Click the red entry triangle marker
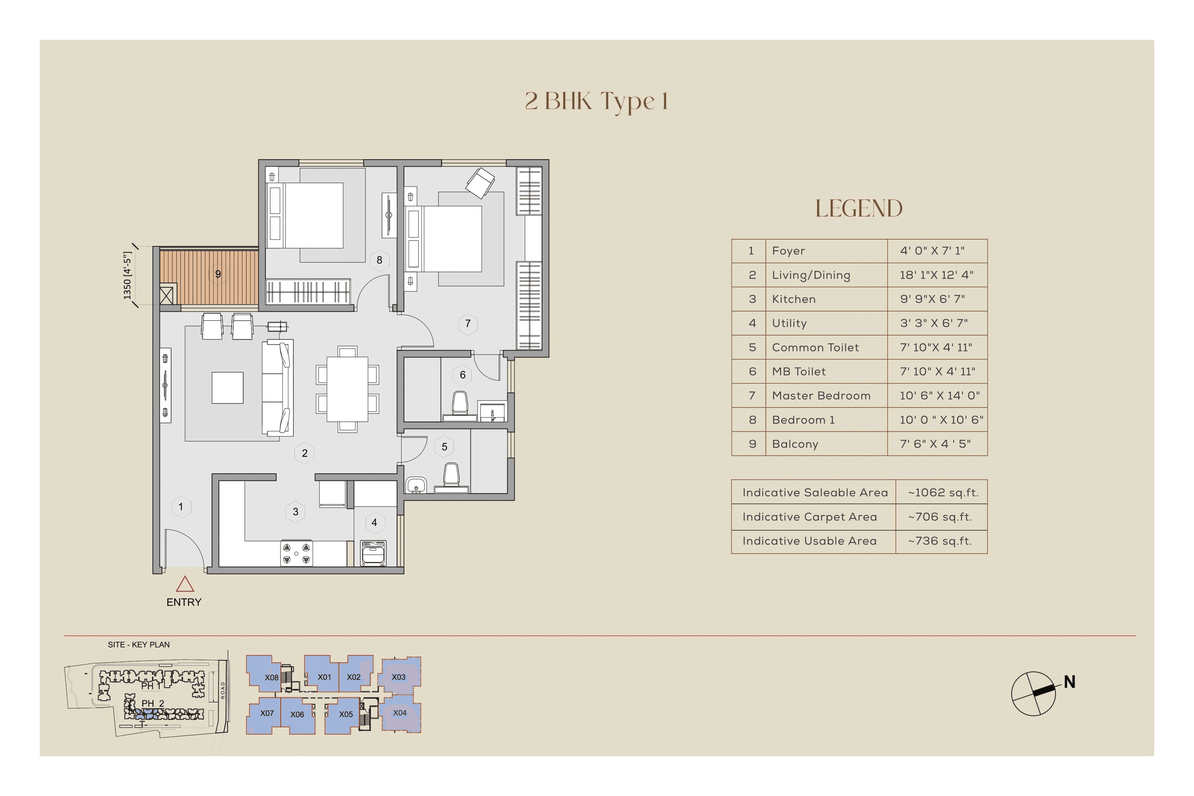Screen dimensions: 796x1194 [185, 585]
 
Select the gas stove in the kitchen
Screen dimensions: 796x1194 [297, 553]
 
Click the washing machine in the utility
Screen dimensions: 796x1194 [374, 553]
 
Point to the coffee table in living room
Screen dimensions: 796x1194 [227, 388]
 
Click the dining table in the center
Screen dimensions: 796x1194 [347, 389]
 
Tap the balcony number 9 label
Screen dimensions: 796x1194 [218, 274]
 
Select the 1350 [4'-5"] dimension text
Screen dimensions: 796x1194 [127, 276]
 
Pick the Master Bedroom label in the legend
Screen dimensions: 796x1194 [821, 396]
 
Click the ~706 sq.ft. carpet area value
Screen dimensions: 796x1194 [940, 517]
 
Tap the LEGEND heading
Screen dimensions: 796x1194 [858, 209]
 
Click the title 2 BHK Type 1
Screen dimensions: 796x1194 [597, 101]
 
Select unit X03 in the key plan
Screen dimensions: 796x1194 [398, 677]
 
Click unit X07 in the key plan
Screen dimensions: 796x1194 [267, 713]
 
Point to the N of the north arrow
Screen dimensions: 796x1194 [1070, 682]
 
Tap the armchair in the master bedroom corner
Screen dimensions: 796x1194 [480, 183]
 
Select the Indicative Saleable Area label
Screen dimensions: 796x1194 [815, 492]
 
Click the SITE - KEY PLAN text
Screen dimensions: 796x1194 [139, 645]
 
